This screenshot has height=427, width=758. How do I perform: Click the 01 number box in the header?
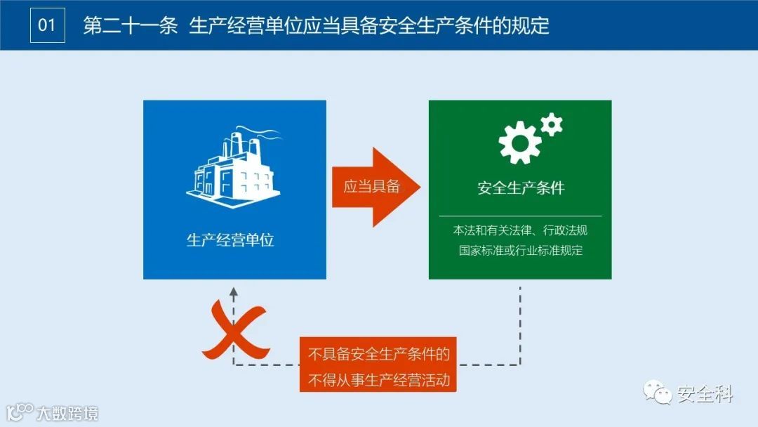[x=47, y=25]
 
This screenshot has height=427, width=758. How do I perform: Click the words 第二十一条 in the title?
[x=130, y=26]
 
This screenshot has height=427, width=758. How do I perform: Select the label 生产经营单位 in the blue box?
[x=230, y=240]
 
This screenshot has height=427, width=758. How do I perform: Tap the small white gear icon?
[x=552, y=124]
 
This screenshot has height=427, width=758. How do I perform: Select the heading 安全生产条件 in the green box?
[x=521, y=188]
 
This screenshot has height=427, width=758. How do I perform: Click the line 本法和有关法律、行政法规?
[x=520, y=230]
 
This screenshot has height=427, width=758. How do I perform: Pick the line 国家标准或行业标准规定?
[x=520, y=251]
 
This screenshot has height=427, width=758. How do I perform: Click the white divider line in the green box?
[x=520, y=216]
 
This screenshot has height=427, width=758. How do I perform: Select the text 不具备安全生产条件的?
[x=379, y=355]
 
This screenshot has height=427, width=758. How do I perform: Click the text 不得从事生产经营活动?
[x=379, y=381]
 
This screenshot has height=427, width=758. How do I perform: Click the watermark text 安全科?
[x=705, y=395]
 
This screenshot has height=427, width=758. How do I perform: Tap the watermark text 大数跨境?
[x=67, y=412]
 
